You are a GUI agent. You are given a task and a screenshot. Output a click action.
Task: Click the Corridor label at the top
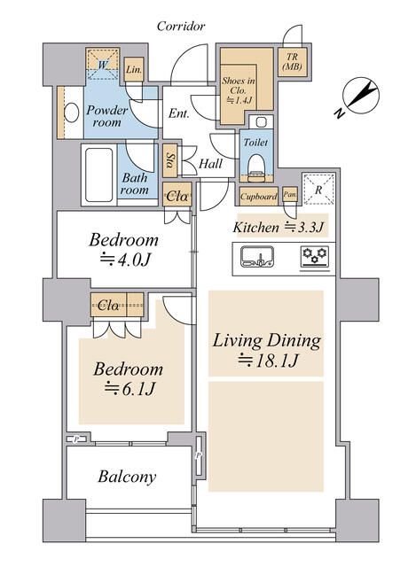[x=181, y=26]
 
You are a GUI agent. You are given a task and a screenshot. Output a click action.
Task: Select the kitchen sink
[x=257, y=257]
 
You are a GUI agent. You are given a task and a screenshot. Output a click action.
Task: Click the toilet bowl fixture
[x=256, y=167]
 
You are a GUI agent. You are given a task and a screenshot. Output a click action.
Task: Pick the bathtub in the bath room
[x=98, y=175]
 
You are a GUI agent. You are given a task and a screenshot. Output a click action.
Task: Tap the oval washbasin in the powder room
[x=72, y=113]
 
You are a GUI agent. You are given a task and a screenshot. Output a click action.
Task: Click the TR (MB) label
[x=292, y=61]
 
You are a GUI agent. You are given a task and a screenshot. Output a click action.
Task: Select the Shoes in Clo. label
[x=238, y=90]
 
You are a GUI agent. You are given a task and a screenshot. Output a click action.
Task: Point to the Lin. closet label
[x=134, y=69]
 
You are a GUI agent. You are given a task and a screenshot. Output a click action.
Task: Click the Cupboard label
[x=258, y=197]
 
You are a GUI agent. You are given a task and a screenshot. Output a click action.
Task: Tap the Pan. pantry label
[x=290, y=195]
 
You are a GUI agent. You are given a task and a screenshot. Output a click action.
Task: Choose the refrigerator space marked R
[x=318, y=189]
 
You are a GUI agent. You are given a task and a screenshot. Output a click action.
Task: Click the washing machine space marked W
[x=103, y=65]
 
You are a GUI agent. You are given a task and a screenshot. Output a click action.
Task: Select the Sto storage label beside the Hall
[x=170, y=161]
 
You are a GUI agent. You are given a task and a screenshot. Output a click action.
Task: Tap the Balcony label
[x=127, y=477]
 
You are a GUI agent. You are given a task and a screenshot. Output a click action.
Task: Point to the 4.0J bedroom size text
[x=124, y=260]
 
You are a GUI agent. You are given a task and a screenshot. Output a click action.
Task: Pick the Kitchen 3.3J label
[x=278, y=227]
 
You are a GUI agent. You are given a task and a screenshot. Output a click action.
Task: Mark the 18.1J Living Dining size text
[x=268, y=361]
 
